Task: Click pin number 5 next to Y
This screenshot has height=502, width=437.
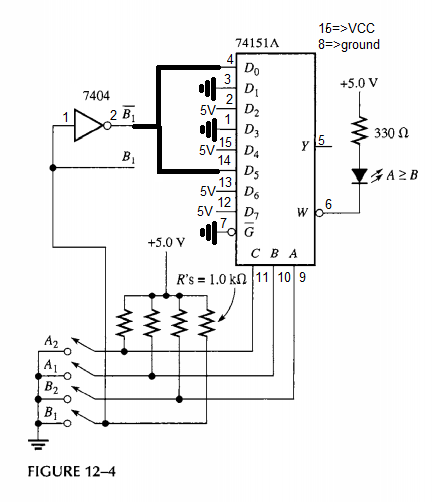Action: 321,140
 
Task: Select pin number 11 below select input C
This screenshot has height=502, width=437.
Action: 262,276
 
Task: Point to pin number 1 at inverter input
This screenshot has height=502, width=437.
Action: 67,119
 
